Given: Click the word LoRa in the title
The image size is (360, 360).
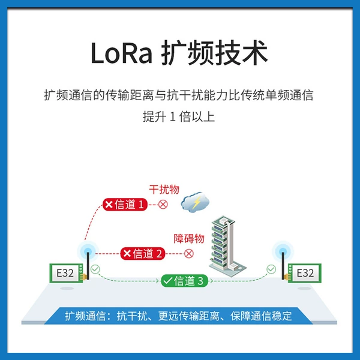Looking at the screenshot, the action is tap(121, 53).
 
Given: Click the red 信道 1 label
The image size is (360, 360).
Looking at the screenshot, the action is tap(125, 205).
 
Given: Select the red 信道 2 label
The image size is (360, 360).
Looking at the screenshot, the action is tap(143, 253).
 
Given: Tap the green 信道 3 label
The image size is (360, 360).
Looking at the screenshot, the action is tap(184, 281).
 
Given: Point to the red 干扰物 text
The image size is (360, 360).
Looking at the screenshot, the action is tap(164, 190).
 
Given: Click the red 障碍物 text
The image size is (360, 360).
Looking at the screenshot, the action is tap(189, 239).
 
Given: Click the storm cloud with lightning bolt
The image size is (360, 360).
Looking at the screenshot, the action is tap(195, 202).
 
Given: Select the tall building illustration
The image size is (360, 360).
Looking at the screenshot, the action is tap(226, 246).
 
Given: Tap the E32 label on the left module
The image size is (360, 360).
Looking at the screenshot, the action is tap(65, 273).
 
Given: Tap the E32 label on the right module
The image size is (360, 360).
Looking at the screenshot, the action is tap(305, 273).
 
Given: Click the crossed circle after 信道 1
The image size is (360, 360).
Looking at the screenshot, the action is tap(163, 205).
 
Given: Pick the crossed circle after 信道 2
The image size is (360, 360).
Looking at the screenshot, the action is tap(189, 254).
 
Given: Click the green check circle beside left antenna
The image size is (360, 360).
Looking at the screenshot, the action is tap(95, 269).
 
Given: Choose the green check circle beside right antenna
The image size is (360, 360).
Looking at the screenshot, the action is tap(271, 269).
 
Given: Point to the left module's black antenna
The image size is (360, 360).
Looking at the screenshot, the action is tap(88, 266).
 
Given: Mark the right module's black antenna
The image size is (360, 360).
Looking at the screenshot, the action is tap(283, 266).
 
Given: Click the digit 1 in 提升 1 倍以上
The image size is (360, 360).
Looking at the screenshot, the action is tap(172, 116).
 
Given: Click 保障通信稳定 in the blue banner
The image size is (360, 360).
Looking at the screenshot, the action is tap(261, 316).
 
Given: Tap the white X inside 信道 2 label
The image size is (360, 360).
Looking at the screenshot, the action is tap(127, 253).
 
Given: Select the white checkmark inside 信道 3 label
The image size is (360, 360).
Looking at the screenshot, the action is tap(168, 281).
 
